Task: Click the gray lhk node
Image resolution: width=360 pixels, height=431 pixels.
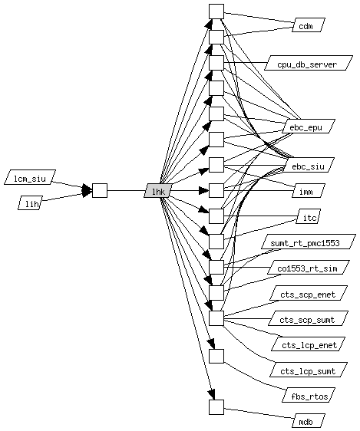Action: point(159,190)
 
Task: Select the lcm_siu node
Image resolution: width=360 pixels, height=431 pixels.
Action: point(30,177)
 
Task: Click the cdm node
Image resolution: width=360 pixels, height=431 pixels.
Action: point(309,25)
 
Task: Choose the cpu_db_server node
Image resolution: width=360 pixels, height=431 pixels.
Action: point(309,63)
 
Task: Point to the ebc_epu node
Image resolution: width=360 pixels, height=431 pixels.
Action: point(309,127)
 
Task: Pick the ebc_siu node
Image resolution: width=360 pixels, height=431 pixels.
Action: point(309,165)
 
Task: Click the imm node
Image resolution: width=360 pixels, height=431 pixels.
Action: point(309,190)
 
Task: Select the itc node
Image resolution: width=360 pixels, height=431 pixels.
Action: point(309,216)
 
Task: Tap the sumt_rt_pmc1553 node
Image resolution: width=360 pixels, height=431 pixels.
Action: point(309,242)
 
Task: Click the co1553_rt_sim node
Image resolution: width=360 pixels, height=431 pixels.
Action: point(309,267)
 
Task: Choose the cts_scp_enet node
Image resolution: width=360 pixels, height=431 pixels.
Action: point(309,293)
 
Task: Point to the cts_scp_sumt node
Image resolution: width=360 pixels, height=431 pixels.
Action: point(309,318)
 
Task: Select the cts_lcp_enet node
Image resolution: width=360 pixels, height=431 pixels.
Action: point(309,344)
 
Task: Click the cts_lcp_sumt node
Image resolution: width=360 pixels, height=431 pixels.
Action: point(309,370)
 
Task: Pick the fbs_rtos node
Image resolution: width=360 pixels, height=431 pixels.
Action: point(309,395)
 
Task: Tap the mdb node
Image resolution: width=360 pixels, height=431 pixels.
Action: point(309,420)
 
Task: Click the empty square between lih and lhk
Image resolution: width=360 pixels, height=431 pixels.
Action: point(100,190)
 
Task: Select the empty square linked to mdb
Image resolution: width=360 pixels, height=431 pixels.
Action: point(216,407)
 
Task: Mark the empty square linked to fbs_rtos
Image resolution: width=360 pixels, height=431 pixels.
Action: point(216,356)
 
